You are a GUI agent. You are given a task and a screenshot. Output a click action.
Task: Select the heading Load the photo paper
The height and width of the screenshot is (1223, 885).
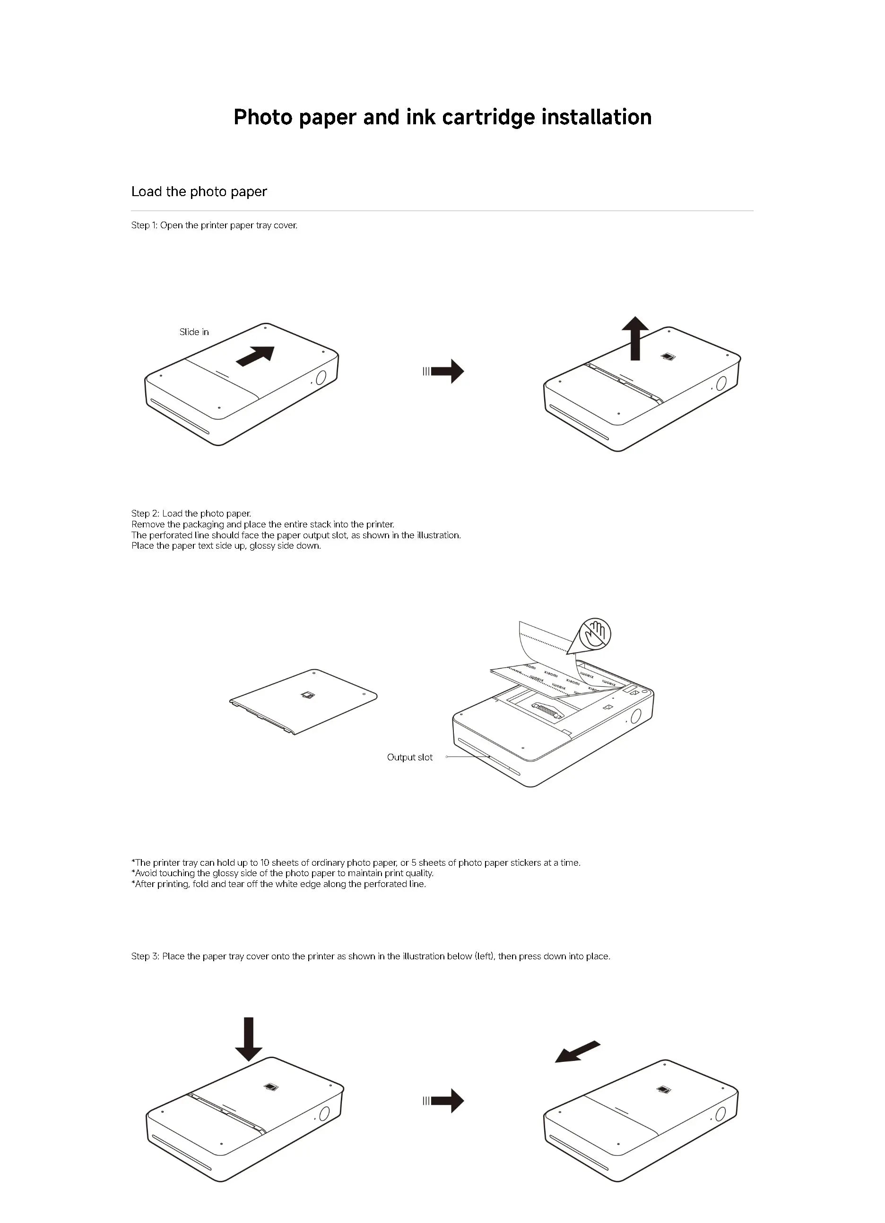pyautogui.click(x=199, y=191)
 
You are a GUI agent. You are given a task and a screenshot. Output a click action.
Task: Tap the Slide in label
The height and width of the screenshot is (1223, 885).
pyautogui.click(x=194, y=332)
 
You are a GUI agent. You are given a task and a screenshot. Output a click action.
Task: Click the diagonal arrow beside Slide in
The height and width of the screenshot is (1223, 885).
pyautogui.click(x=256, y=356)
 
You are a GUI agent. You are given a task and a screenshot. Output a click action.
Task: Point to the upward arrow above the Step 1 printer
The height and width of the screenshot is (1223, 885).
pyautogui.click(x=635, y=337)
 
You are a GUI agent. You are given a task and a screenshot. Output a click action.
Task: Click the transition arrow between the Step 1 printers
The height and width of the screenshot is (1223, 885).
pyautogui.click(x=444, y=371)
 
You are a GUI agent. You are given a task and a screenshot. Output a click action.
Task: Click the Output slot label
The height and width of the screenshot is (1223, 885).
pyautogui.click(x=410, y=757)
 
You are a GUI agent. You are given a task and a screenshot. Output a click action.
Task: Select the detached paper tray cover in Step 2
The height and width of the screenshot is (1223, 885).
pyautogui.click(x=303, y=701)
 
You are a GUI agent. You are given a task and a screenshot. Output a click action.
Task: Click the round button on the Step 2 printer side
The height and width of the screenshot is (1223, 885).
pyautogui.click(x=636, y=716)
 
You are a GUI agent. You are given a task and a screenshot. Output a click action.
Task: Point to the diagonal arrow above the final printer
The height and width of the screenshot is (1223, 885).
pyautogui.click(x=578, y=1051)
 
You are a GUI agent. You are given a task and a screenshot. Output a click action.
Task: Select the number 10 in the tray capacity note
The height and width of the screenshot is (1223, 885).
pyautogui.click(x=264, y=862)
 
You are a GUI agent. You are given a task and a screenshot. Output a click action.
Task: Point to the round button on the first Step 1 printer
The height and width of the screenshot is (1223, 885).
pyautogui.click(x=321, y=377)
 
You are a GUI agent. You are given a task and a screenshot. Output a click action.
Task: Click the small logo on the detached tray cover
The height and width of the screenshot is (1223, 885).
pyautogui.click(x=307, y=695)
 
